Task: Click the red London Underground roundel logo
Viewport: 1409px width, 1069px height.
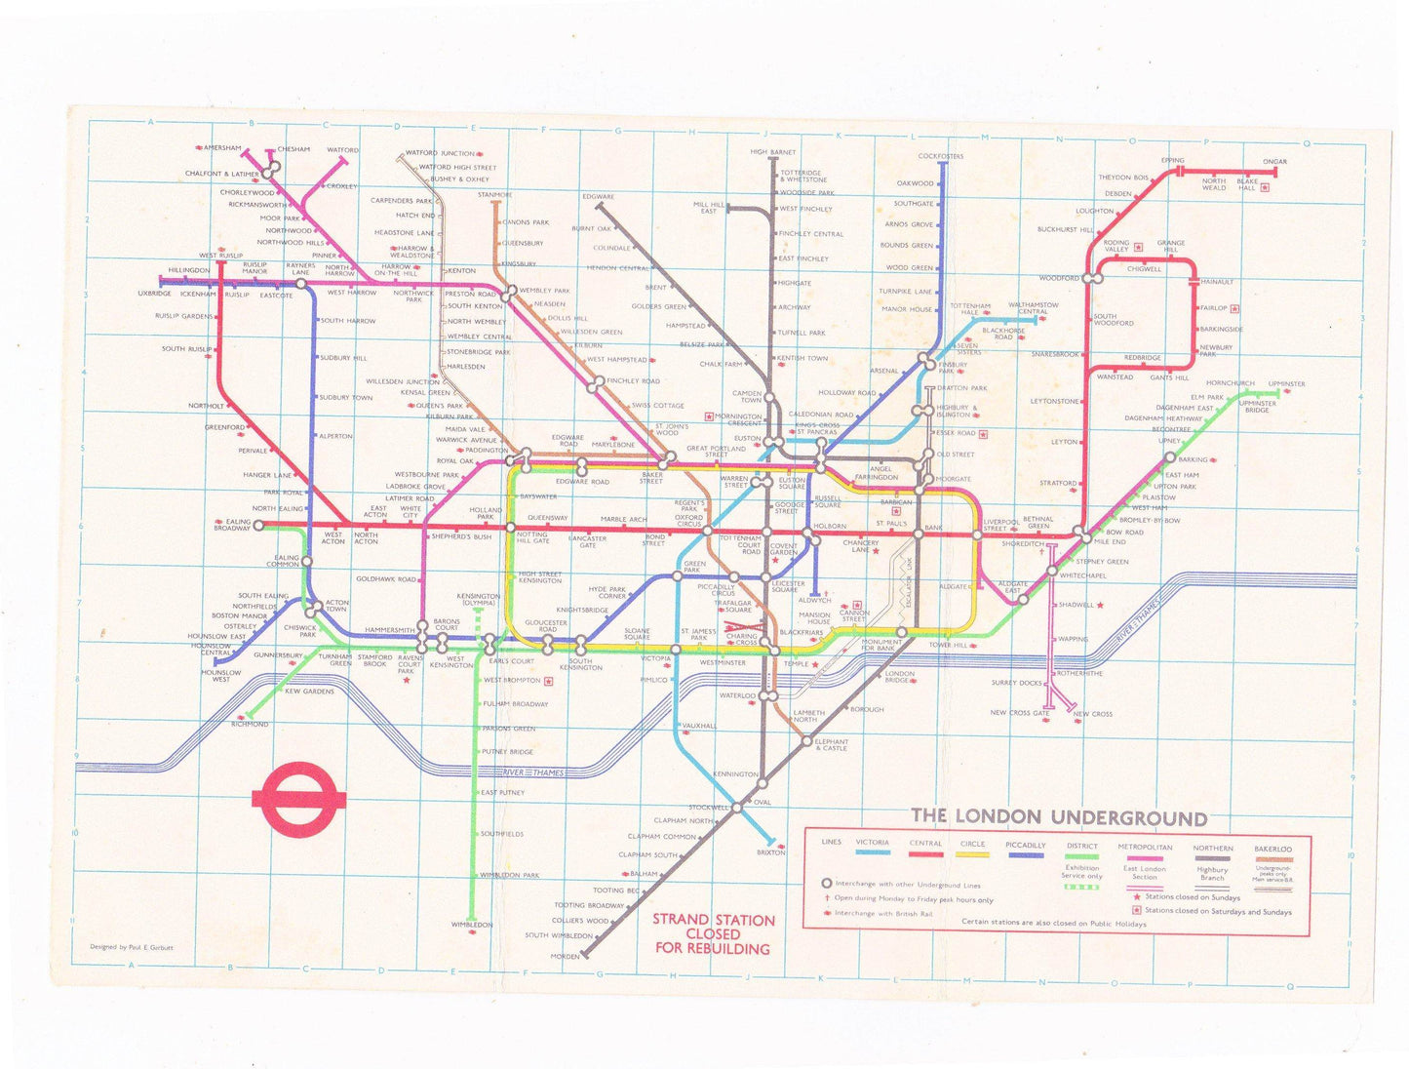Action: pos(298,800)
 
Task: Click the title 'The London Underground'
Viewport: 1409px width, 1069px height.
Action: pos(1059,817)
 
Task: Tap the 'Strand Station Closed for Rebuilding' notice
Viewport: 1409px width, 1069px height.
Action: pos(713,933)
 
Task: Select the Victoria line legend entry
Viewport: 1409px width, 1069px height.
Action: pos(872,844)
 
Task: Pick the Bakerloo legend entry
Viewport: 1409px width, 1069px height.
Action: pos(1272,850)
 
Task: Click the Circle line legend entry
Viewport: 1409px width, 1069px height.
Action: pos(972,845)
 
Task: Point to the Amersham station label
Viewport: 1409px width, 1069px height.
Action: pos(221,148)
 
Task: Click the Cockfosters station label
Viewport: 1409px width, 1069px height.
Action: pos(940,156)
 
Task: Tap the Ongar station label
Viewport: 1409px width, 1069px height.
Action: pos(1274,162)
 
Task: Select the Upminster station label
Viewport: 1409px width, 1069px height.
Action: pos(1286,384)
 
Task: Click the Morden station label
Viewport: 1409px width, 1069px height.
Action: pos(565,957)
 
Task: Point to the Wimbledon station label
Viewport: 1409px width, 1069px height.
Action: pos(471,925)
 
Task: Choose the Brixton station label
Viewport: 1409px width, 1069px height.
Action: pos(770,852)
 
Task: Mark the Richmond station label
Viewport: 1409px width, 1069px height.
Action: pos(250,725)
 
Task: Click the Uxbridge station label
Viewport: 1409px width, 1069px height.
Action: pos(154,294)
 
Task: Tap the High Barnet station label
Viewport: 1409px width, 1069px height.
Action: pos(772,152)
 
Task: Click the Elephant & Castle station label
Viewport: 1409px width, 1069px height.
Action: pos(832,745)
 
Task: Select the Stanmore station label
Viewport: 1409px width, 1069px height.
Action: pos(494,195)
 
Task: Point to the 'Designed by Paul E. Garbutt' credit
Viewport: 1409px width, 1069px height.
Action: pos(132,947)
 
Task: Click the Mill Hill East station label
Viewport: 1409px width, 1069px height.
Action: pos(708,208)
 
